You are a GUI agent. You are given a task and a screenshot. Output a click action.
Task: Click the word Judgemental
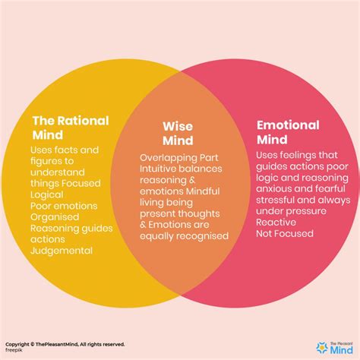coord(62,251)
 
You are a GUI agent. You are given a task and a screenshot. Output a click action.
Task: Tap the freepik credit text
coord(15,350)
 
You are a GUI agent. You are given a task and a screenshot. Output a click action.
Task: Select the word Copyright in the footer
coord(18,343)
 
